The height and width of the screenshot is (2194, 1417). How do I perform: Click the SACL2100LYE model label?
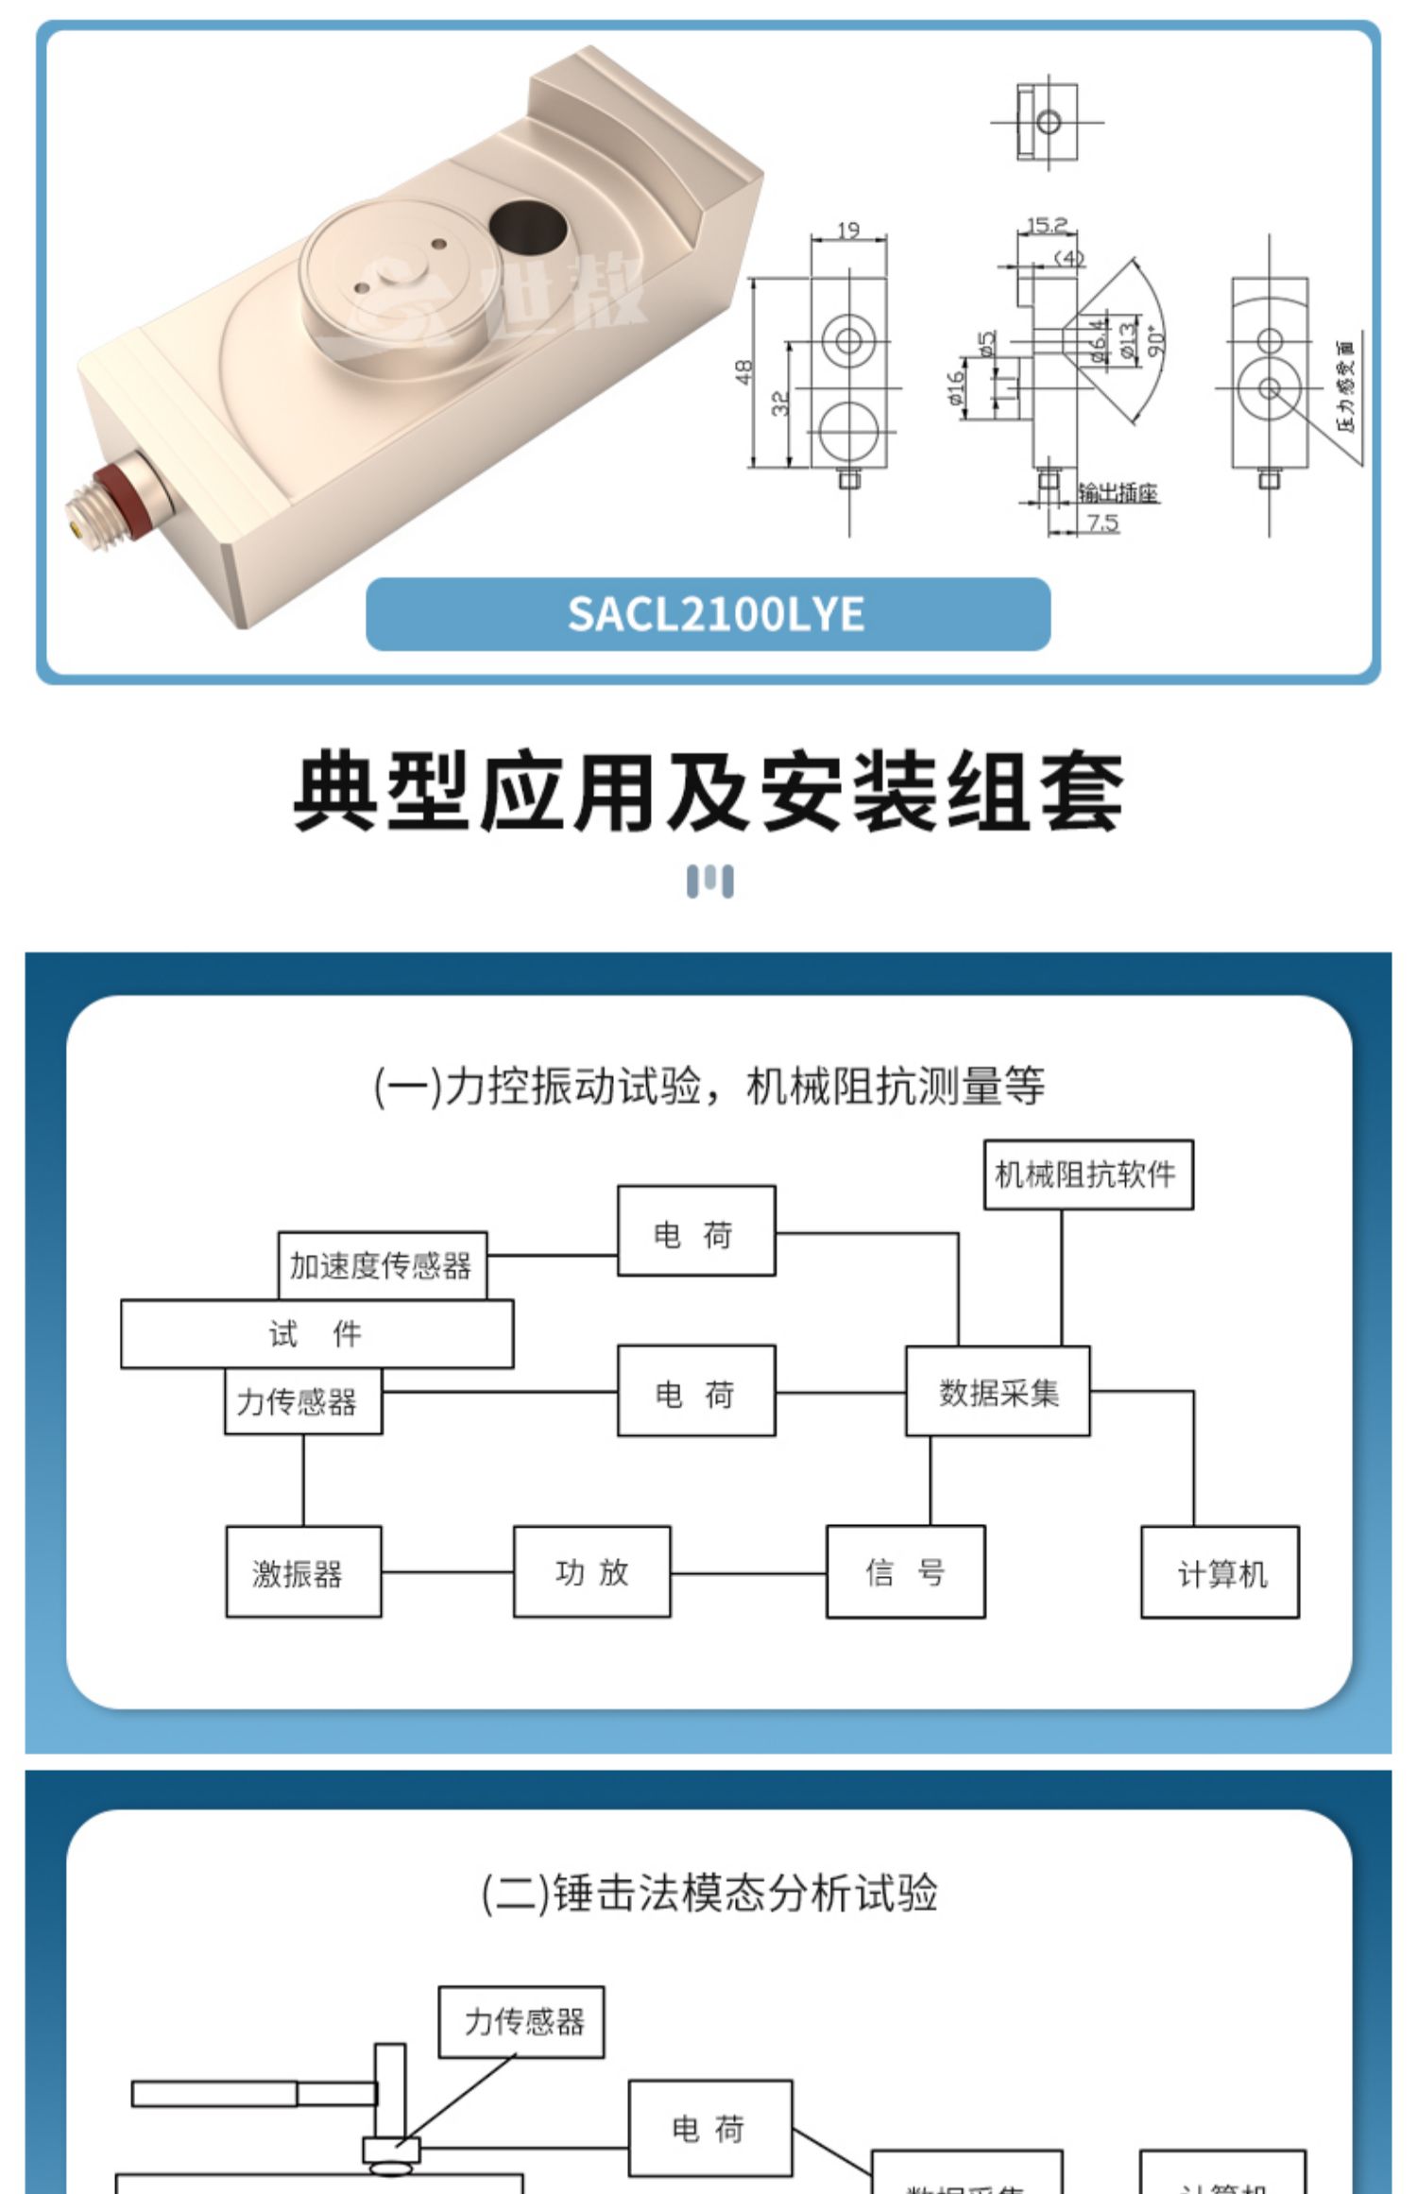tap(715, 614)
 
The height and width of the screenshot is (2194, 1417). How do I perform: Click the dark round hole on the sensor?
tap(527, 229)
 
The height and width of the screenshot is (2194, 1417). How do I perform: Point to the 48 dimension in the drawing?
tap(744, 371)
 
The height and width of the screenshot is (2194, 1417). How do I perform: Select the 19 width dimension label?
tap(848, 230)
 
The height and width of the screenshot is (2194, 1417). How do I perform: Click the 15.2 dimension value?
tap(1047, 225)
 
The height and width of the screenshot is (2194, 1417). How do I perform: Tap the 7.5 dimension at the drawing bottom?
tap(1101, 523)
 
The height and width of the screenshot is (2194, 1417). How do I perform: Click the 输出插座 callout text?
tap(1118, 492)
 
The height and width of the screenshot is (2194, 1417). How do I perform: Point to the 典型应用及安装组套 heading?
tap(708, 792)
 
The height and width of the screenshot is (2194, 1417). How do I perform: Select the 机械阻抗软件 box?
tap(1087, 1174)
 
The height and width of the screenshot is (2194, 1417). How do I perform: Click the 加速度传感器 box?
tap(382, 1265)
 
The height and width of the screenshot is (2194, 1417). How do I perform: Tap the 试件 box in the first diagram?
tap(316, 1334)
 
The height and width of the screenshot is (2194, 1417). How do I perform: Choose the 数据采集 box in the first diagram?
tap(998, 1393)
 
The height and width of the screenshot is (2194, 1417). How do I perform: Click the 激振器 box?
tap(303, 1573)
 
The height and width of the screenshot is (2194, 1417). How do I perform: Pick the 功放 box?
tap(591, 1572)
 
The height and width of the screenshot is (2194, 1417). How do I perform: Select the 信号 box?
tap(905, 1572)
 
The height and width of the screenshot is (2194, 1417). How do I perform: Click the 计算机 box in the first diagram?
tap(1220, 1573)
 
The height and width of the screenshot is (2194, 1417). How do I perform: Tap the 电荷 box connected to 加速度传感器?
tap(696, 1232)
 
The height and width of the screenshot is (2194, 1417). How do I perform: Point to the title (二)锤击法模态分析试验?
tap(708, 1893)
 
